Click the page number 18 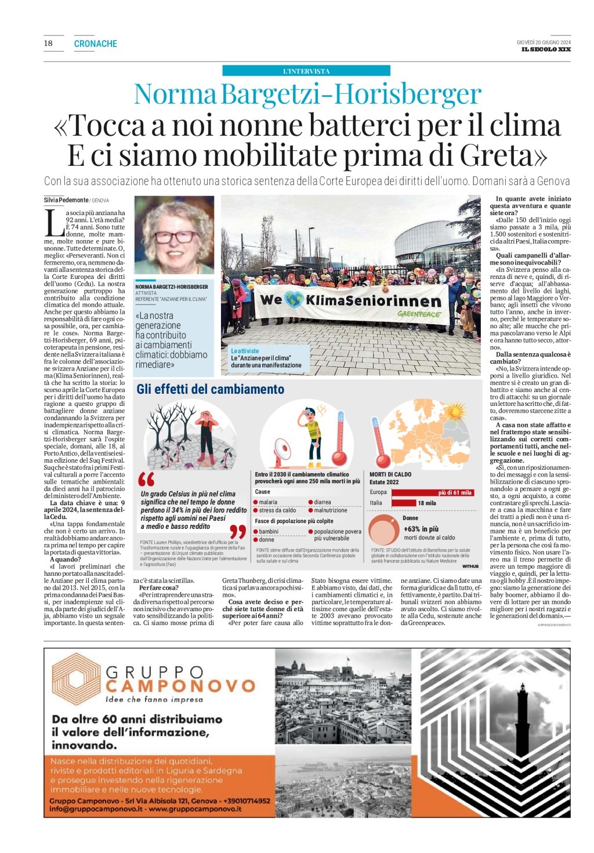click(48, 43)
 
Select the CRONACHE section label click(96, 44)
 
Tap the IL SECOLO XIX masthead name click(546, 50)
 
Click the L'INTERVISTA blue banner click(306, 71)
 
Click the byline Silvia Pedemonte click(66, 200)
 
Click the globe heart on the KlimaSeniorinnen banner click(294, 300)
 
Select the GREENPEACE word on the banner click(419, 314)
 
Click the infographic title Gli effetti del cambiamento click(210, 390)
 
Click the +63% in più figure click(421, 529)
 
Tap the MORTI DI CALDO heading click(390, 474)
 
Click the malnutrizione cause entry click(331, 511)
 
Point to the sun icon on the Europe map click(452, 412)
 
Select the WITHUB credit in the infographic click(470, 566)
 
